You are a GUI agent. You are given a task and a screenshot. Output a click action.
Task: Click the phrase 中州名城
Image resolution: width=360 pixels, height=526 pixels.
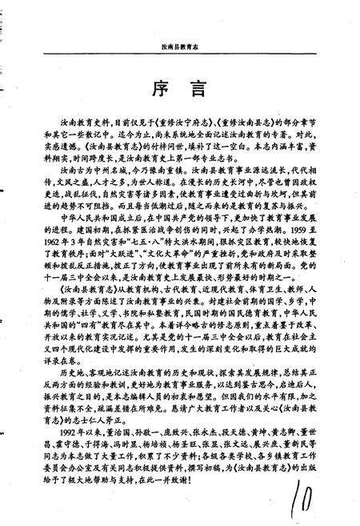[x=94, y=171]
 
